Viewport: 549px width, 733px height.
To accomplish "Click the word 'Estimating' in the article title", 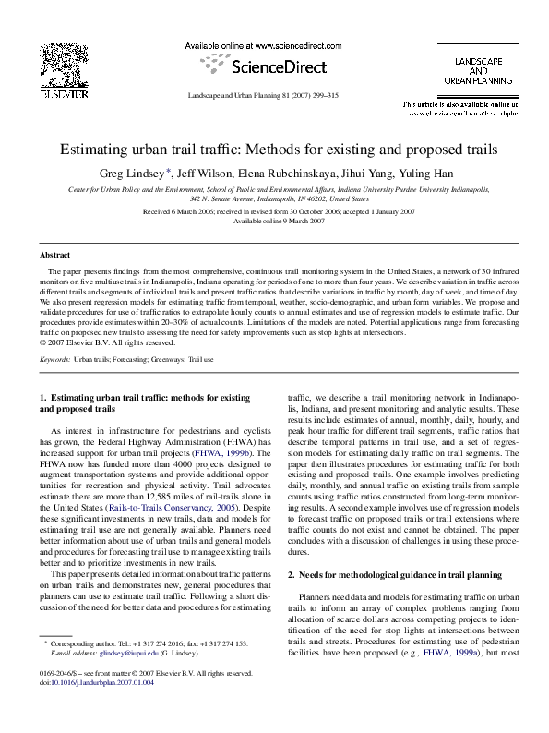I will [x=100, y=148].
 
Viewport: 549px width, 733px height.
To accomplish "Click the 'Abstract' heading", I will [x=54, y=254].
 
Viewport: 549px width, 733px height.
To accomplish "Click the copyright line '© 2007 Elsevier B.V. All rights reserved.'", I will [x=101, y=341].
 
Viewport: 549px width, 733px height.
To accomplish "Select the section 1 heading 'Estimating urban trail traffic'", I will [x=141, y=397].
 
